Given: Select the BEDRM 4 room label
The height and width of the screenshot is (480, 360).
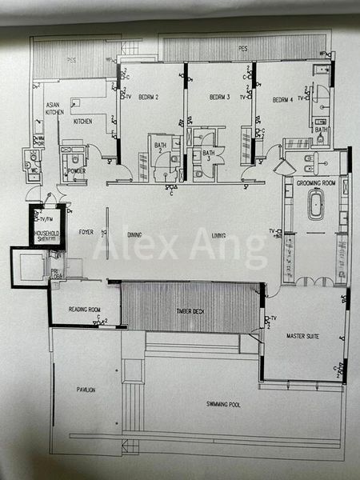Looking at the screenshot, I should click(282, 100).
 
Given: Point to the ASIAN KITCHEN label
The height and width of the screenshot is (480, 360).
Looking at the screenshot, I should click(54, 110).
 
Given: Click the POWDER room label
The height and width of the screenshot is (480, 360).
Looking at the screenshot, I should click(78, 170).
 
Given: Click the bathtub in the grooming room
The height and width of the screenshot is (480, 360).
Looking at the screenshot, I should click(315, 206).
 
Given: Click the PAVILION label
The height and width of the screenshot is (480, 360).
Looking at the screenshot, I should click(86, 390).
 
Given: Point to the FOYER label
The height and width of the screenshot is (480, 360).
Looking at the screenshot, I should click(86, 233).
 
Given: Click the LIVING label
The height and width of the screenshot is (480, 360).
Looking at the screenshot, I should click(218, 235).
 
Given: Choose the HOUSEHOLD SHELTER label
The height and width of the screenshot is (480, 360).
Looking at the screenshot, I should click(47, 237).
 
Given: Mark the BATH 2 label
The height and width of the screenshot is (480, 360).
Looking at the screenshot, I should click(159, 146).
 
